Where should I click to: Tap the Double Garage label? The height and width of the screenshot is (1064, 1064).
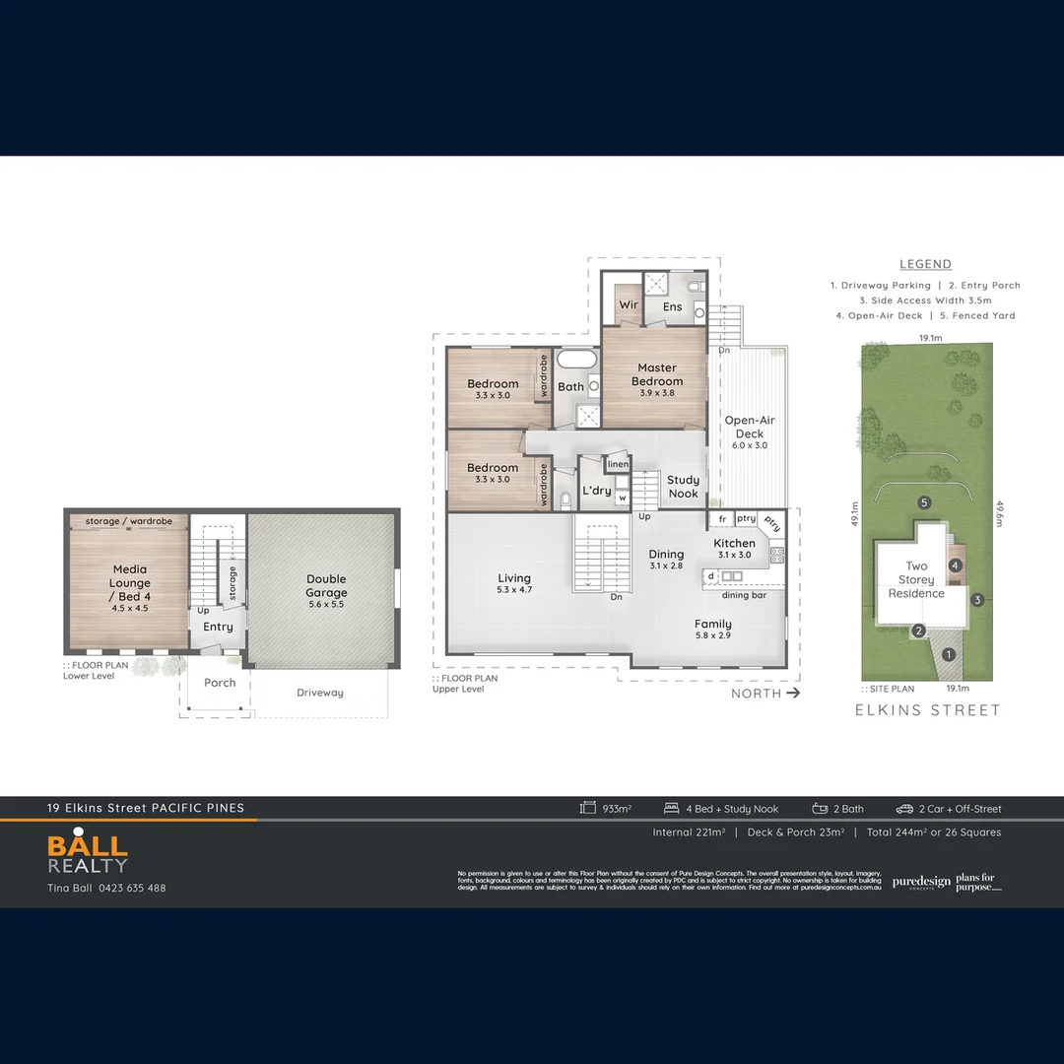click(326, 586)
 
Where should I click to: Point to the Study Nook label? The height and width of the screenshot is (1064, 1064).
click(683, 487)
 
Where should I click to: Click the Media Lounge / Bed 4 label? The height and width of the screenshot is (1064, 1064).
click(130, 582)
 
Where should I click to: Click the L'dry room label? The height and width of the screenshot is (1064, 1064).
click(596, 491)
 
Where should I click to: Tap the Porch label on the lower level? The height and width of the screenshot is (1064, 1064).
click(220, 683)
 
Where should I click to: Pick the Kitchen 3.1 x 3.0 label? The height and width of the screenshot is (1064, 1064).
click(735, 548)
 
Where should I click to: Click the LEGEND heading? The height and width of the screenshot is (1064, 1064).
click(925, 264)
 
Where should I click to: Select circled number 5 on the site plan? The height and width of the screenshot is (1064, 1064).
click(924, 502)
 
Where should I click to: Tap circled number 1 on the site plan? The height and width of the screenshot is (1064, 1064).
click(949, 654)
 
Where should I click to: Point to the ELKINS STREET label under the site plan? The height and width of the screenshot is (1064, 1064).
click(927, 710)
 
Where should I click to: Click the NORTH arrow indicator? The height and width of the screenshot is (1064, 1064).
click(765, 694)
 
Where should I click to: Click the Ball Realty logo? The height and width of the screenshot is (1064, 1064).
click(89, 854)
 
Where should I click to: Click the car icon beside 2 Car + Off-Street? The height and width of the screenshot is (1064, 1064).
click(904, 809)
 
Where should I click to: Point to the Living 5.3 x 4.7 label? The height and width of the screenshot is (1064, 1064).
click(513, 584)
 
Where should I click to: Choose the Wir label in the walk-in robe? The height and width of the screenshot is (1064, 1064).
click(629, 305)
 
